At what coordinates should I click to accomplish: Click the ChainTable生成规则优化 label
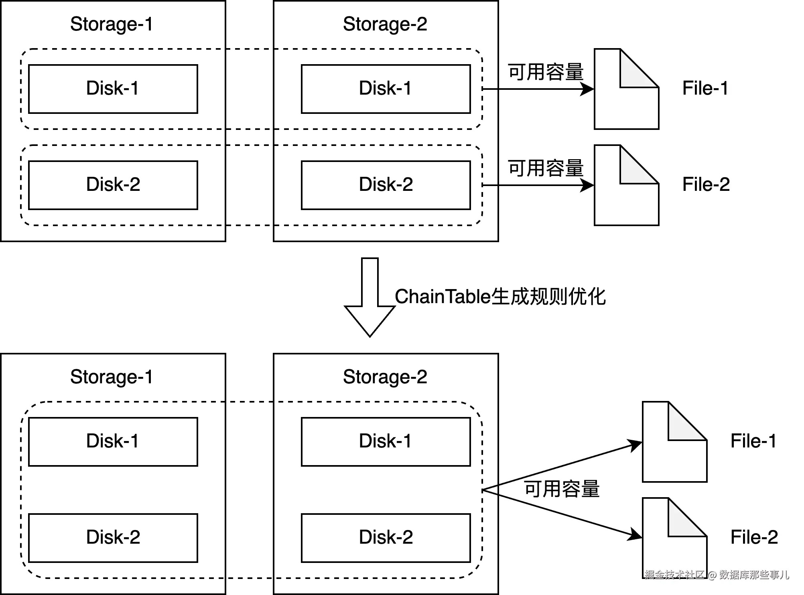click(x=500, y=297)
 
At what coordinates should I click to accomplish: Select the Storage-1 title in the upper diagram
click(x=112, y=24)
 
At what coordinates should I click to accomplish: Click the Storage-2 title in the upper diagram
click(x=385, y=24)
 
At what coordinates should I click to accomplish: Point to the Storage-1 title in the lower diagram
click(x=112, y=377)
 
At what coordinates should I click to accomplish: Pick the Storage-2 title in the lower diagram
click(x=385, y=377)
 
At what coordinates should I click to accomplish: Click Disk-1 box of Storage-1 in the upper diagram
click(x=113, y=89)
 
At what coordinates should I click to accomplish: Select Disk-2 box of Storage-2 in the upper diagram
click(x=386, y=185)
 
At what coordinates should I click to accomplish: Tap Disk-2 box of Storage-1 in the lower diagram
click(x=113, y=538)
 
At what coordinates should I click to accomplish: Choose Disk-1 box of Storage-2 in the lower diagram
click(x=386, y=442)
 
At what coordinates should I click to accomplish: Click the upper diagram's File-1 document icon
click(x=626, y=89)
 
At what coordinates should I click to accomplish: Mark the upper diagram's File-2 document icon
click(x=626, y=185)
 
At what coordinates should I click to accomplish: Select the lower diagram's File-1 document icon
click(x=674, y=442)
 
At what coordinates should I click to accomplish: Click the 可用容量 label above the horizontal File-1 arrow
click(x=546, y=72)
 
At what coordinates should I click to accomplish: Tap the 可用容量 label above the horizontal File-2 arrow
click(x=546, y=168)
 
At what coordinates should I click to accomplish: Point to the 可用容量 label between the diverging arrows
click(x=562, y=489)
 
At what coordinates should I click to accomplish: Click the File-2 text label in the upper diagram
click(x=706, y=184)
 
